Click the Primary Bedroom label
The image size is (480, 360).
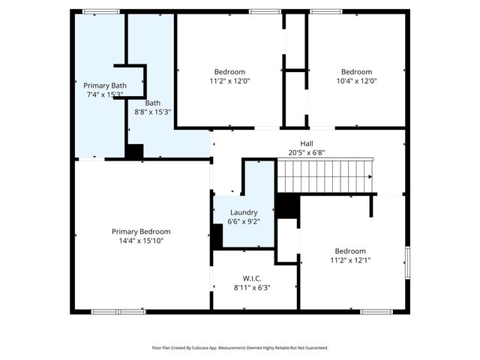141,232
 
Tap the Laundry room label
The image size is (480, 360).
244,212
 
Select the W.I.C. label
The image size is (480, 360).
251,278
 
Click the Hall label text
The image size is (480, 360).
306,143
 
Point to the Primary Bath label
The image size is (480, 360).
104,86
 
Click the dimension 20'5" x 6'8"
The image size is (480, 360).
306,152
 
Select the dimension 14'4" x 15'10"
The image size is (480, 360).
141,241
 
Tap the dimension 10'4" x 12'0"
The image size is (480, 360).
357,81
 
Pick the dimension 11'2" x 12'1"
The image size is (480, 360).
350,260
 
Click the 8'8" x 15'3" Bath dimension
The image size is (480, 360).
153,112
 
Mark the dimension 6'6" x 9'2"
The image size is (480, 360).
244,221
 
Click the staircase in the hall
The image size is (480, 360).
324,176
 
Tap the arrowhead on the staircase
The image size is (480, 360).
370,176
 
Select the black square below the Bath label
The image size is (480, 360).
134,151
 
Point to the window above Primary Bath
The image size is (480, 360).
100,11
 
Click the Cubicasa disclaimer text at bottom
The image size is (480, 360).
240,348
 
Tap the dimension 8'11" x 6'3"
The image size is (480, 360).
251,287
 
